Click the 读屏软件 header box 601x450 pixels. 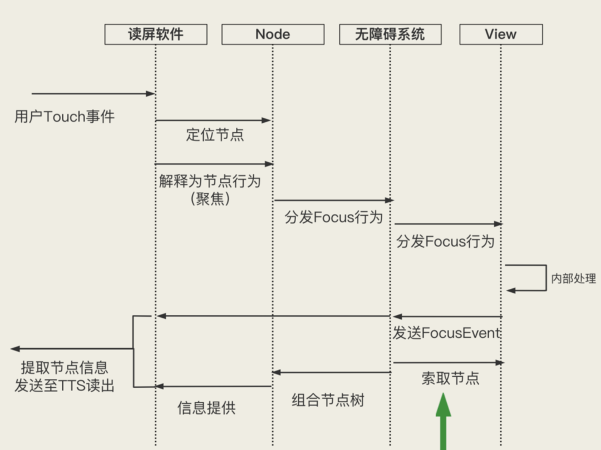pyautogui.click(x=156, y=34)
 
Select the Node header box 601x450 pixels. pyautogui.click(x=273, y=34)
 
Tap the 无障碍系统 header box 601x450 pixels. pyautogui.click(x=390, y=34)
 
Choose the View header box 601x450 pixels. pyautogui.click(x=501, y=34)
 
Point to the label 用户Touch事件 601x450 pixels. pyautogui.click(x=65, y=117)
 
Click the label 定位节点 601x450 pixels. pyautogui.click(x=215, y=135)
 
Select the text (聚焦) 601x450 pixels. pyautogui.click(x=210, y=199)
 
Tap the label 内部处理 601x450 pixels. pyautogui.click(x=573, y=279)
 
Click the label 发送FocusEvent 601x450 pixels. pyautogui.click(x=447, y=333)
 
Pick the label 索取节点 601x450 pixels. pyautogui.click(x=450, y=379)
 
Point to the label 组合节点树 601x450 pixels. pyautogui.click(x=328, y=400)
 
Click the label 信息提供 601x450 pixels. pyautogui.click(x=206, y=408)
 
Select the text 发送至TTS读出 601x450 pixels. pyautogui.click(x=65, y=386)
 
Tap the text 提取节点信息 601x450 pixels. pyautogui.click(x=65, y=368)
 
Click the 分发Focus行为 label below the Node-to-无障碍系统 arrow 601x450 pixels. pyautogui.click(x=334, y=217)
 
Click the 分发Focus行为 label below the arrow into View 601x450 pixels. pyautogui.click(x=445, y=242)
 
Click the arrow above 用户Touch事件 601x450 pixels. pyautogui.click(x=93, y=94)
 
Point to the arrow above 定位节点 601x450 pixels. pyautogui.click(x=213, y=120)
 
